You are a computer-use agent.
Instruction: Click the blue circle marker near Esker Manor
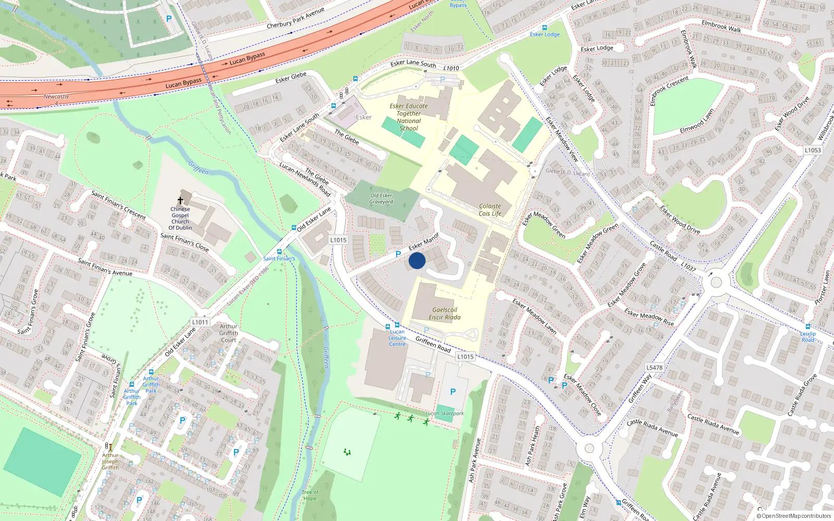coord(417,260)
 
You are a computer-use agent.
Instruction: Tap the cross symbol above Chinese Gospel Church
coord(181,201)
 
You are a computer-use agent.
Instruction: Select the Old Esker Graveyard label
coord(382,199)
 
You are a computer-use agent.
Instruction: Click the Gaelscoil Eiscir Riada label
coord(445,313)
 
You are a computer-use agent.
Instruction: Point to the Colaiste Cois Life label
coord(490,209)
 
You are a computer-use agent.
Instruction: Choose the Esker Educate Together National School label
coord(409,117)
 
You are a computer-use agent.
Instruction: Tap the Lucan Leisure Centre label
coord(397,338)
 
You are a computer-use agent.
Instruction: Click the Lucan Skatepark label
coord(445,413)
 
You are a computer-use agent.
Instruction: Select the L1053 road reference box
coord(813,150)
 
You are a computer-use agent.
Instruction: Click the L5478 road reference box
coord(655,367)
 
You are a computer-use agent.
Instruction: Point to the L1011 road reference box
coord(200,322)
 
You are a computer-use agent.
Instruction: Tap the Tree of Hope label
coord(310,495)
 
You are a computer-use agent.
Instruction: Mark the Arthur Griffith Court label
coord(228,333)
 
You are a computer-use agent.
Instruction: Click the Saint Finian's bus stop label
coord(279,258)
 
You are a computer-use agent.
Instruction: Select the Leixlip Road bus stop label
coord(808,337)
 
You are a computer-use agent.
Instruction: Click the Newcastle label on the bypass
coord(56,97)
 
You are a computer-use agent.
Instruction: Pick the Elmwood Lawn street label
coord(697,121)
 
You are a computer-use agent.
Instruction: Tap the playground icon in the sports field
coord(347,452)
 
